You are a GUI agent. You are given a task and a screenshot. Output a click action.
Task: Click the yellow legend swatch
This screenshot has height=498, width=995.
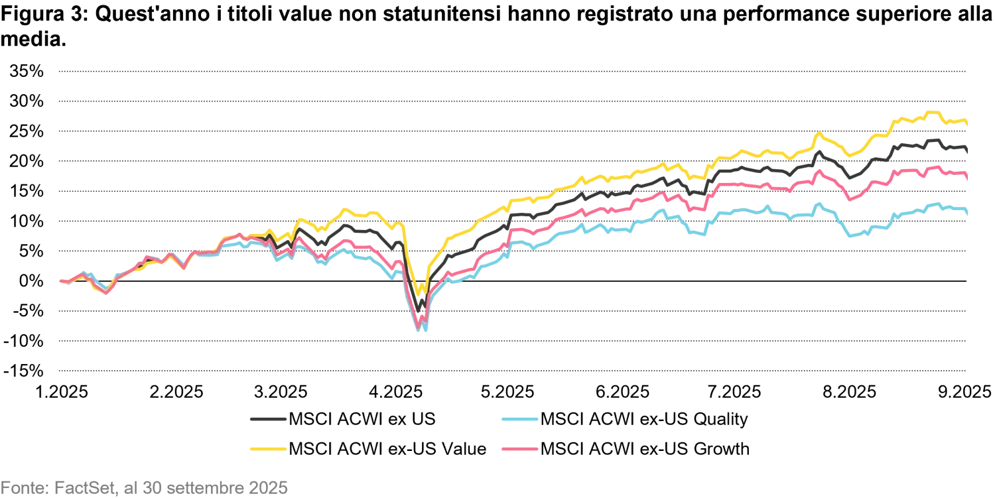point(268,448)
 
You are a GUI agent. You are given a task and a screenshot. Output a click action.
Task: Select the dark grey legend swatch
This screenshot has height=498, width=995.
point(268,419)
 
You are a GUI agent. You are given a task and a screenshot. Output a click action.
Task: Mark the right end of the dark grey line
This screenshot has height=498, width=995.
point(970,154)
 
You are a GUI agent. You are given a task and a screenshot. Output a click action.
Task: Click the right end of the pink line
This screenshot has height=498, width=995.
point(970,180)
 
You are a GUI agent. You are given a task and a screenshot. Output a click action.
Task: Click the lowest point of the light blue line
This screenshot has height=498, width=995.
point(422,330)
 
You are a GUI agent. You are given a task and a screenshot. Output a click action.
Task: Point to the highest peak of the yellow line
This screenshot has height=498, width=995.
point(934,111)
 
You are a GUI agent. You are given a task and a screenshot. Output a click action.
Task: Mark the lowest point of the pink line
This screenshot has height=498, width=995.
point(418,325)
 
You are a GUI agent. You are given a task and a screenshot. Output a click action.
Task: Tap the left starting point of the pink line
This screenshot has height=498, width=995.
point(60,282)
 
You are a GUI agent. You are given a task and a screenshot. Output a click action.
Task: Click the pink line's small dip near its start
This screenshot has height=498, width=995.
point(105,292)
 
